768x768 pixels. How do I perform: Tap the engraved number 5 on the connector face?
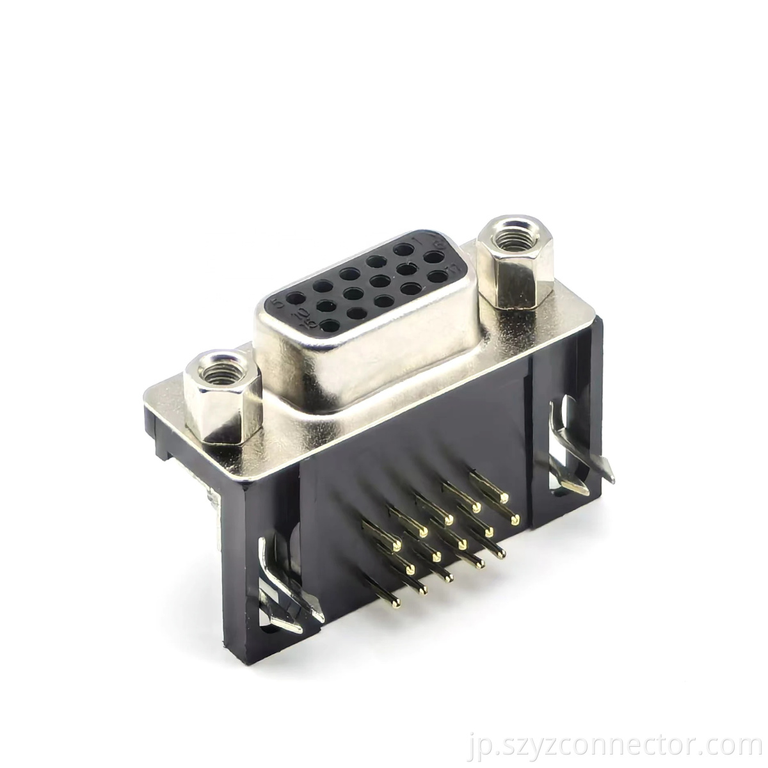(276, 300)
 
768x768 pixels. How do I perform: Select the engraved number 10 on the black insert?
(298, 315)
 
